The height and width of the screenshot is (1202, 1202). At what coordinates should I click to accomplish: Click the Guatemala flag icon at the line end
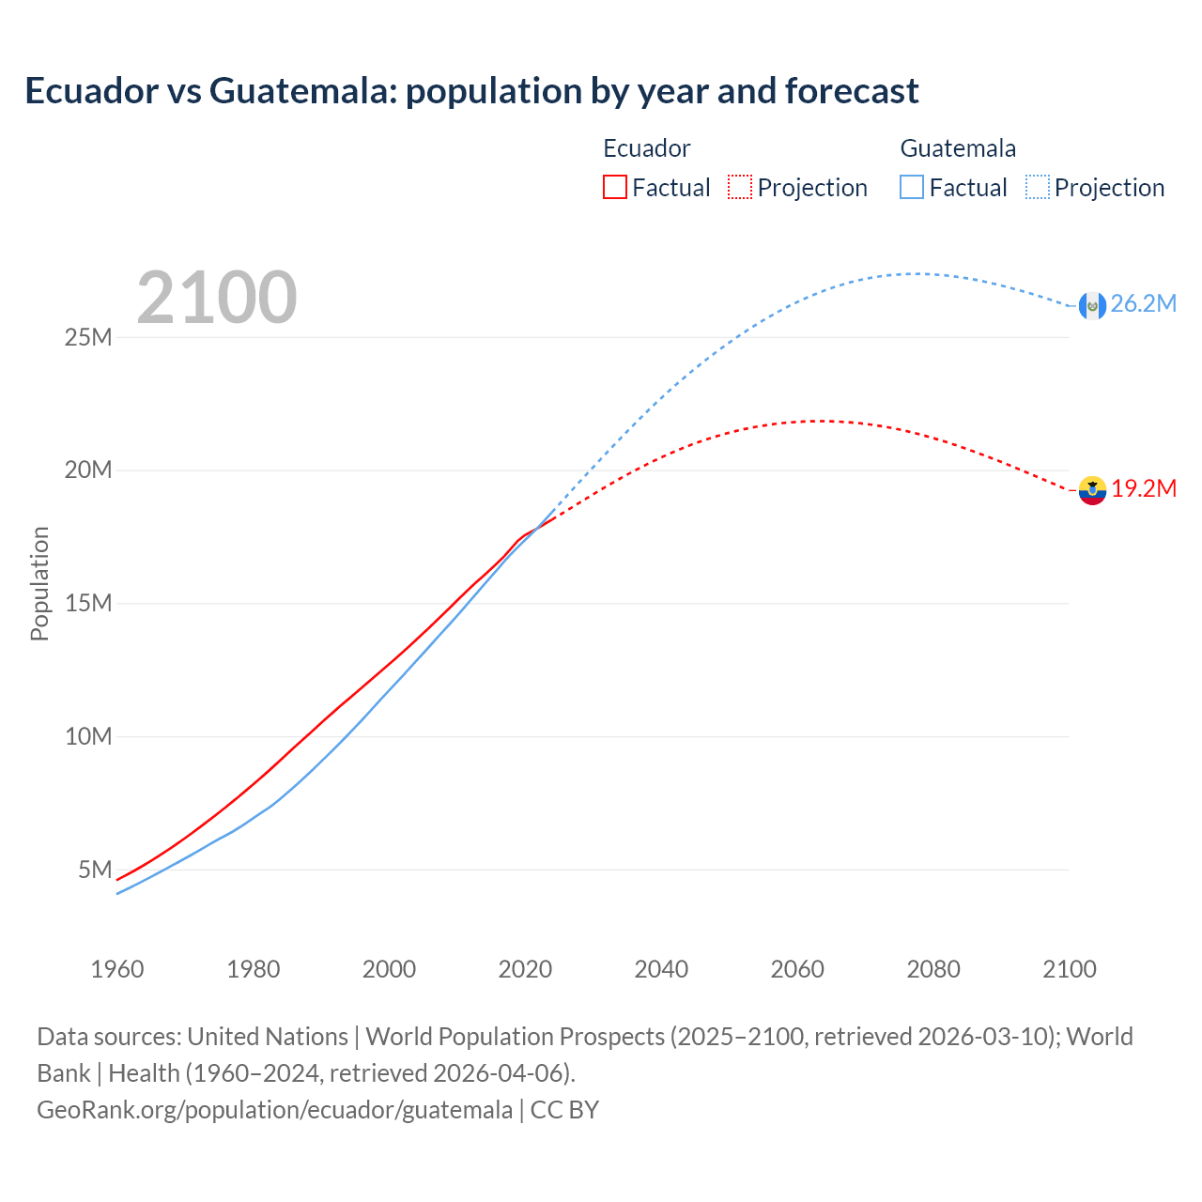point(1092,305)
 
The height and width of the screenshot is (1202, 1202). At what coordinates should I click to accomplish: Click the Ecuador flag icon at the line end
point(1092,490)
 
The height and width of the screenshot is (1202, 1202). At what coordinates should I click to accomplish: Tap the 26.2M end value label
point(1143,303)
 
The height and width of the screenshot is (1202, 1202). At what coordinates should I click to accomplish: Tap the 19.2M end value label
point(1144,488)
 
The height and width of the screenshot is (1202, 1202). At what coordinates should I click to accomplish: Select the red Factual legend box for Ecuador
point(614,187)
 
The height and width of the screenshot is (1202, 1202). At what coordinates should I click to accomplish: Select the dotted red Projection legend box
point(740,187)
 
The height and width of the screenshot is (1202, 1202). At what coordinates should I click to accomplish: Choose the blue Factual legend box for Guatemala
point(912,187)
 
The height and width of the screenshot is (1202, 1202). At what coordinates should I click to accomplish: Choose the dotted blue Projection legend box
point(1038,187)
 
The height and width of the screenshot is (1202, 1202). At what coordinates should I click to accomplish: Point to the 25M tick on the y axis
point(88,337)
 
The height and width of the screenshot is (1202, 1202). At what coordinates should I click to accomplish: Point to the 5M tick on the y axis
point(95,870)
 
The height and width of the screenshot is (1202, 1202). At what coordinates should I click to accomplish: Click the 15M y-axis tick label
point(88,603)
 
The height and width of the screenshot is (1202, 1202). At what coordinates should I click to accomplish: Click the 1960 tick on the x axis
point(117,969)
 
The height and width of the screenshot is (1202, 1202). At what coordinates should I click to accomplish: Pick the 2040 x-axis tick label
point(661,969)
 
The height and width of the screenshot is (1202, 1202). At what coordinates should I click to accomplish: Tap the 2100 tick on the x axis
point(1069,969)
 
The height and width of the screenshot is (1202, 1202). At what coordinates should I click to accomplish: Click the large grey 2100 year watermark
point(217,298)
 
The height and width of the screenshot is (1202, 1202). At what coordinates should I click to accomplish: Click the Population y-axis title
point(39,583)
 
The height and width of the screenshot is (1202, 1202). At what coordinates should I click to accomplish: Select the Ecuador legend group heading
point(646,148)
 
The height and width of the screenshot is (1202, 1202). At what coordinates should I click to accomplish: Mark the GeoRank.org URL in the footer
point(274,1110)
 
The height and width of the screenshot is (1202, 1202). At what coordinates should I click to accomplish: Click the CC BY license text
point(564,1110)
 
